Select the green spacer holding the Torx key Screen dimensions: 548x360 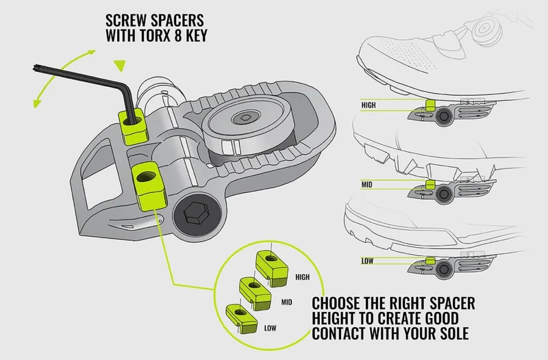(133, 127)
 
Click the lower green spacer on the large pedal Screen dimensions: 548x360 (149, 185)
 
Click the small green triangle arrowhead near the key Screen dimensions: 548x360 (120, 65)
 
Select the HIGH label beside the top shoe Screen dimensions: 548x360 (369, 105)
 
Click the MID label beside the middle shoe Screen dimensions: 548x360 (366, 184)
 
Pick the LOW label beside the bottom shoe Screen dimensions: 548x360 (367, 261)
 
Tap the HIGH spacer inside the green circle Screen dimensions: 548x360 (272, 268)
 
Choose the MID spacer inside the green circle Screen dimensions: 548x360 (255, 294)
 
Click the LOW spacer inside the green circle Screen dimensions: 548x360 (242, 319)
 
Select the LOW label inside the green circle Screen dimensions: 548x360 (270, 328)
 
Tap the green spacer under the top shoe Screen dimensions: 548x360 (431, 105)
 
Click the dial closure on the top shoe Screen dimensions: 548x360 (486, 28)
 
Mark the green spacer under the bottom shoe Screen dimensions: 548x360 (431, 261)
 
